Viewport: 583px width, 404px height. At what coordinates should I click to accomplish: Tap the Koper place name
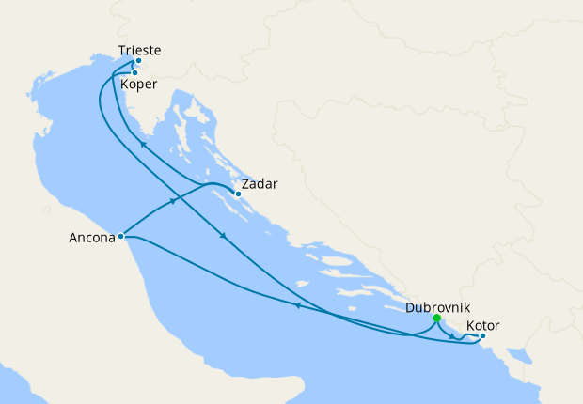coord(138,84)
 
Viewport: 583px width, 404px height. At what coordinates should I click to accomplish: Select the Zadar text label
coord(259,184)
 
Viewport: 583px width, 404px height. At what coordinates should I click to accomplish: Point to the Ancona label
coord(92,238)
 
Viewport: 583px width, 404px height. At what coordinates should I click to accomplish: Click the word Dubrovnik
coord(437,307)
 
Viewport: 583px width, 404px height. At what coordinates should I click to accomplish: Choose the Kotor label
coord(482,325)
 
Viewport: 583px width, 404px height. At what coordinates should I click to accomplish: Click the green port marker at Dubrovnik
coord(436,319)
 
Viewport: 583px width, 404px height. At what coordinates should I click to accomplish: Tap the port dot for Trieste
coord(137,61)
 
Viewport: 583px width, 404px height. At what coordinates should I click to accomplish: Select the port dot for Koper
coord(134,72)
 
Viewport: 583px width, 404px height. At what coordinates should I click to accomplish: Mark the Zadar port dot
coord(238,194)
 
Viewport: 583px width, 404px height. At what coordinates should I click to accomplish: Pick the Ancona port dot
coord(121,236)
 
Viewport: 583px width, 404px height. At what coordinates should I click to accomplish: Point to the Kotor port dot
coord(482,335)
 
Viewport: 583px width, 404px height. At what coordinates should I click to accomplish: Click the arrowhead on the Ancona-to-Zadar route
coord(173,201)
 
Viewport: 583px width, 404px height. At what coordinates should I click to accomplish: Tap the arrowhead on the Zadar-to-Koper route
coord(143,144)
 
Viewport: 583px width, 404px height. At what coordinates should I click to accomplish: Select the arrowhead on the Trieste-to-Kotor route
coord(223,236)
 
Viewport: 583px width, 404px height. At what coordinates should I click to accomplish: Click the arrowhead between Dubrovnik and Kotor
coord(453,337)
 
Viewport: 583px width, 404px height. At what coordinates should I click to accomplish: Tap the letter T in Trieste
coord(123,49)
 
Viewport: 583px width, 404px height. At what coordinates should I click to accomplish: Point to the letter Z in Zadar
coord(245,184)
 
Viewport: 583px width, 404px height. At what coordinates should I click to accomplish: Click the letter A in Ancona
coord(74,238)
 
